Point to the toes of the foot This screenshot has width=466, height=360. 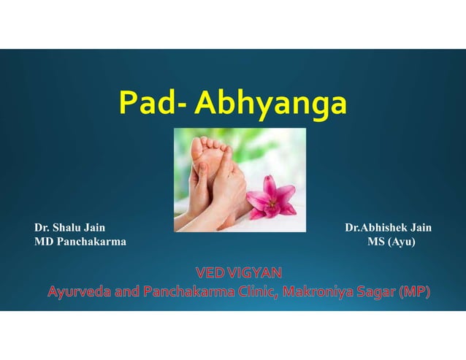(x=209, y=143)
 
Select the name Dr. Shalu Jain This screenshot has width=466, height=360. (x=69, y=228)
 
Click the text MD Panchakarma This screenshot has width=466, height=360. (x=80, y=241)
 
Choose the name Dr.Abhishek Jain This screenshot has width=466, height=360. (x=388, y=228)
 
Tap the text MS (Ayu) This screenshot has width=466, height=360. (x=391, y=241)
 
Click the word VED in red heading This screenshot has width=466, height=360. (x=210, y=274)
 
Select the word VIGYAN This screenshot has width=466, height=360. (x=254, y=274)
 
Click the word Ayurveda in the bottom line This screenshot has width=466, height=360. (x=80, y=293)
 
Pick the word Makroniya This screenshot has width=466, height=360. (x=320, y=293)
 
